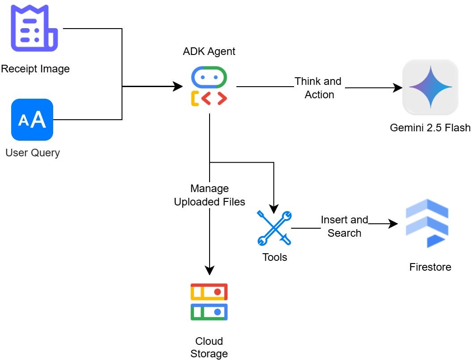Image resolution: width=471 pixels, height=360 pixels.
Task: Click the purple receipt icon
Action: click(34, 28)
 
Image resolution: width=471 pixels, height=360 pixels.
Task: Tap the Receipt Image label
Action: click(35, 69)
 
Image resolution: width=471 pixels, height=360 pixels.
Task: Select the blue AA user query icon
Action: click(32, 120)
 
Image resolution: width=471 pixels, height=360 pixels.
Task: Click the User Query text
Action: click(33, 153)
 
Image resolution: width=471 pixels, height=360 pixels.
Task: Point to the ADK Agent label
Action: click(209, 51)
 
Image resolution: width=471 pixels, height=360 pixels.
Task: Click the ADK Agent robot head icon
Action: click(209, 77)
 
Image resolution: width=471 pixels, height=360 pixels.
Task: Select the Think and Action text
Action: click(318, 88)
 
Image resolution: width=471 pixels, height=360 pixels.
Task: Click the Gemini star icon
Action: click(430, 88)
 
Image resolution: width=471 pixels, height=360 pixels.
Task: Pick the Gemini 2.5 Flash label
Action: click(430, 128)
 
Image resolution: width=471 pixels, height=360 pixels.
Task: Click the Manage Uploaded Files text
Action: click(210, 195)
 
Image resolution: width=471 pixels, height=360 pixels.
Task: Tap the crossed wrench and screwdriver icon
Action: click(274, 228)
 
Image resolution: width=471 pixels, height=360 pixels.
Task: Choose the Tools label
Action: click(275, 257)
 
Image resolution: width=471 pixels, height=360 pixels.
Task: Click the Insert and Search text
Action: click(345, 226)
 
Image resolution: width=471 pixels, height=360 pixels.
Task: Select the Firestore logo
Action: click(427, 223)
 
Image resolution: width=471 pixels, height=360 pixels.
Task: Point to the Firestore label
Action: click(430, 267)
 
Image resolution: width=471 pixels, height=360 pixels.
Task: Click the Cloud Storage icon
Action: click(209, 302)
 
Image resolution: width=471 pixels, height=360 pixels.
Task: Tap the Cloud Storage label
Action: click(209, 347)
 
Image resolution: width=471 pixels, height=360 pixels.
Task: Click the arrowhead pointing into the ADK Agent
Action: click(178, 87)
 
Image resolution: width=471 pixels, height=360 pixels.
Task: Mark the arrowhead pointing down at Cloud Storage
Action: click(209, 270)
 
